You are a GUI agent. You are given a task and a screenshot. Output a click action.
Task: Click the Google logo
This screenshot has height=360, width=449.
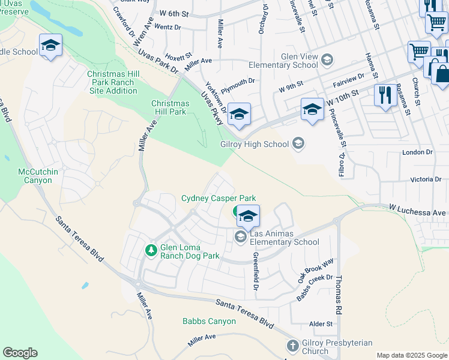[x=20, y=353]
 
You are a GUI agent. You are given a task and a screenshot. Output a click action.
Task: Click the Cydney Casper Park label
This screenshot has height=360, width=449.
[x=218, y=199]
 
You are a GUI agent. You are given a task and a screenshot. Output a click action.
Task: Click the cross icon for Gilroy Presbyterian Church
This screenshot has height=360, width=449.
[x=292, y=346]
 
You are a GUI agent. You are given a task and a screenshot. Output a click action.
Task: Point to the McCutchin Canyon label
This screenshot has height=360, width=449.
[x=38, y=176]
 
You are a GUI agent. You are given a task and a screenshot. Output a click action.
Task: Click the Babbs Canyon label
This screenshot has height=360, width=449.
[x=209, y=321]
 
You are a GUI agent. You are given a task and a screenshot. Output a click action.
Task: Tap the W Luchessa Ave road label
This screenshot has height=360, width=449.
[x=418, y=211]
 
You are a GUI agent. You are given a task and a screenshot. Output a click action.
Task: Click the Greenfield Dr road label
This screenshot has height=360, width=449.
[x=255, y=270]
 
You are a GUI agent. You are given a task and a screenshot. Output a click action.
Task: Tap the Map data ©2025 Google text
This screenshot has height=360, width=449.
[x=411, y=355]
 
